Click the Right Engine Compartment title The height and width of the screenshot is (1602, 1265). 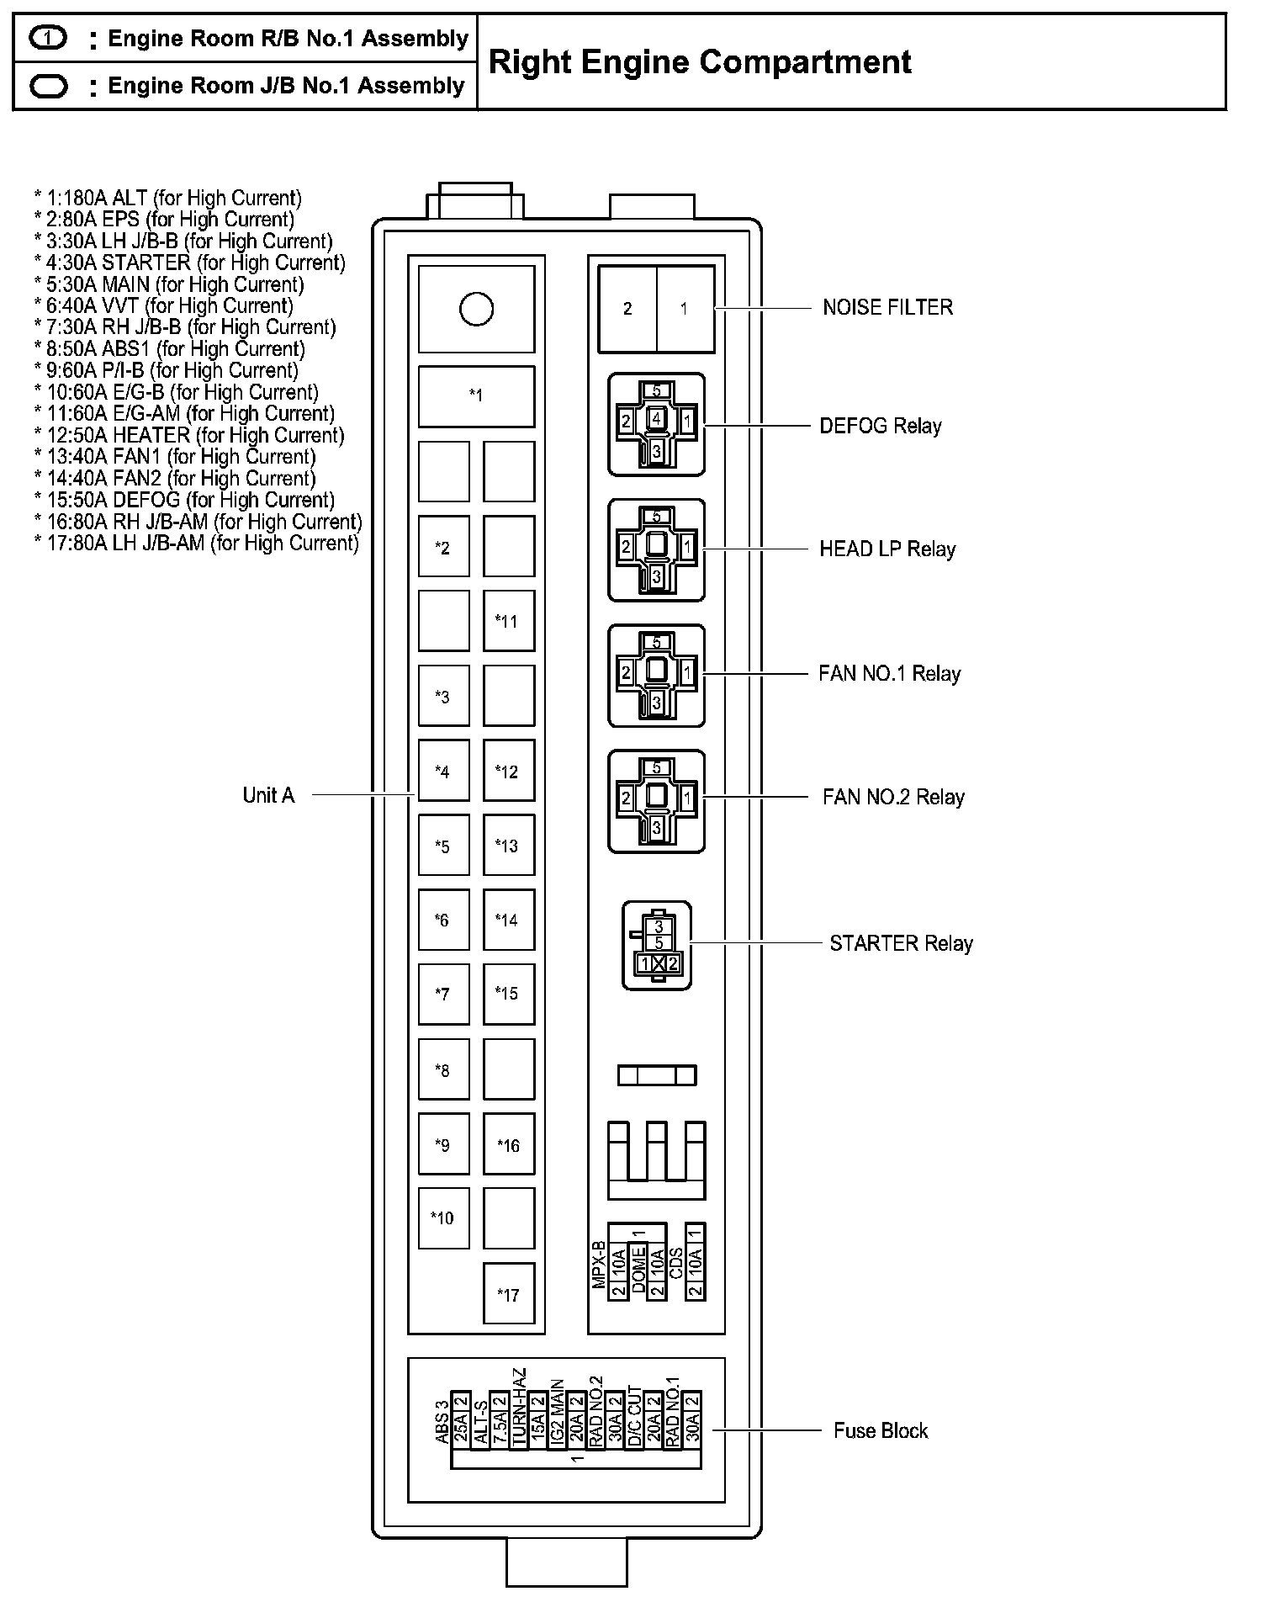pyautogui.click(x=700, y=62)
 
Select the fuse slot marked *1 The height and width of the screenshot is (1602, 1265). pyautogui.click(x=476, y=395)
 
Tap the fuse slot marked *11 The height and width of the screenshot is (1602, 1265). pyautogui.click(x=508, y=621)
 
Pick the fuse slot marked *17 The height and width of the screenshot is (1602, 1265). pyautogui.click(x=508, y=1294)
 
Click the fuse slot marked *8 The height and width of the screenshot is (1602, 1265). pyautogui.click(x=443, y=1070)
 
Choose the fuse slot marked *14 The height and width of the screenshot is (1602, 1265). pyautogui.click(x=508, y=920)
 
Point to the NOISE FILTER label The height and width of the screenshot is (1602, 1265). pyautogui.click(x=887, y=307)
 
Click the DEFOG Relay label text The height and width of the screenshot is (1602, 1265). pyautogui.click(x=880, y=426)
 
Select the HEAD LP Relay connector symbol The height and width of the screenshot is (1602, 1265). pyautogui.click(x=656, y=549)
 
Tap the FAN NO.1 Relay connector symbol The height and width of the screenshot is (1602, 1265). pyautogui.click(x=656, y=675)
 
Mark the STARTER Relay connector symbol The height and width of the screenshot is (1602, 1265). pyautogui.click(x=657, y=945)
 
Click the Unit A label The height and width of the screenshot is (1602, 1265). pyautogui.click(x=268, y=795)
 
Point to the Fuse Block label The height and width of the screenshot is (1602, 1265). pyautogui.click(x=880, y=1430)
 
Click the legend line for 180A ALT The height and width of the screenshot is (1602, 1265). pyautogui.click(x=167, y=199)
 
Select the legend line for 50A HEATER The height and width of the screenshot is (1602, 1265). pyautogui.click(x=189, y=435)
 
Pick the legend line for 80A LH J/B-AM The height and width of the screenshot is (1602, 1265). pyautogui.click(x=196, y=543)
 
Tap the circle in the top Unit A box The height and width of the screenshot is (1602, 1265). pyautogui.click(x=476, y=309)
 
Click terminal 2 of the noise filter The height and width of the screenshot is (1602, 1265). pyautogui.click(x=627, y=309)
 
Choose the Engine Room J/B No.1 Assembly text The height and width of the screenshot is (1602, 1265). pyautogui.click(x=286, y=86)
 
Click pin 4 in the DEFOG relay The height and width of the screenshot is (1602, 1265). pyautogui.click(x=657, y=417)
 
